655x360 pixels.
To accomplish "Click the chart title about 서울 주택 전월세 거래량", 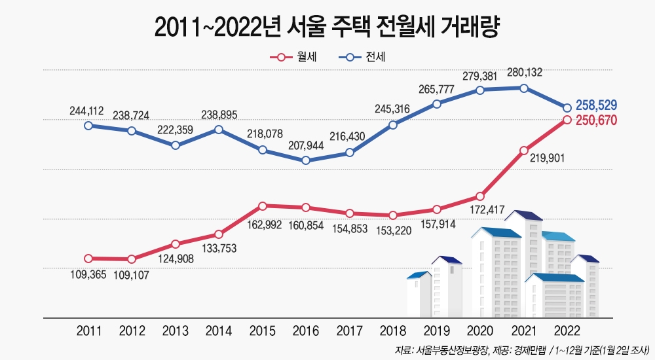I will pos(327,27).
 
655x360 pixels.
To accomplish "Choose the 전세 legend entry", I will pos(363,58).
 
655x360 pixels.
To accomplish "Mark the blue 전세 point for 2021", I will pos(524,88).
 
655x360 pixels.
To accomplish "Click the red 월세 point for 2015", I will pos(262,206).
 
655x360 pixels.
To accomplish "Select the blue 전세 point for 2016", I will pos(306,160).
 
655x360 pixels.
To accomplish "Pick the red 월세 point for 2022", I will pos(567,120).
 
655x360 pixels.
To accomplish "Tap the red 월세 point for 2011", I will pos(88,259).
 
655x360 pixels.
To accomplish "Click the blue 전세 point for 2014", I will pos(219,130).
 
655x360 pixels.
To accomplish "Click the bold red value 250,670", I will pos(596,120).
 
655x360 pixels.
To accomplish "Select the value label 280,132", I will pos(525,73).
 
